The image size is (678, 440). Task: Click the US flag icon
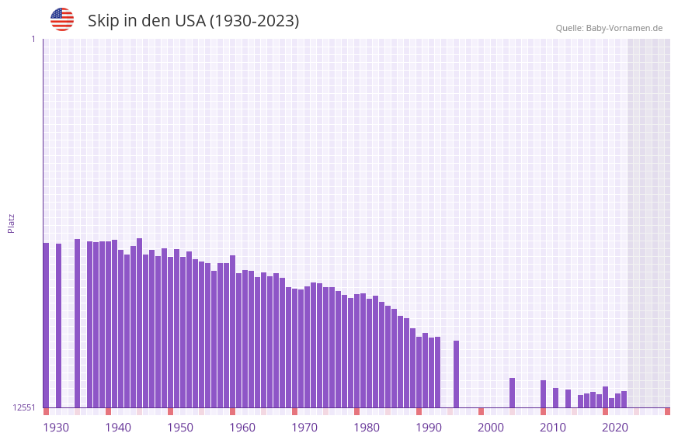pyautogui.click(x=62, y=19)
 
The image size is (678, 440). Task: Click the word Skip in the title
pyautogui.click(x=102, y=21)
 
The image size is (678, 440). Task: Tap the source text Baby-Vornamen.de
pyautogui.click(x=624, y=28)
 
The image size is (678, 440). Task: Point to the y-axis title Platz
pyautogui.click(x=11, y=223)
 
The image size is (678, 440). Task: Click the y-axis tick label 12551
pyautogui.click(x=24, y=407)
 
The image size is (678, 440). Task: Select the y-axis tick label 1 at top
pyautogui.click(x=33, y=39)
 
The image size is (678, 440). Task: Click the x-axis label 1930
pyautogui.click(x=56, y=427)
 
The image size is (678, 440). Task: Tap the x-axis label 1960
pyautogui.click(x=242, y=427)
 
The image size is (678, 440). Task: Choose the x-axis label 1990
pyautogui.click(x=429, y=427)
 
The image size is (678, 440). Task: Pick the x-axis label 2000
pyautogui.click(x=491, y=427)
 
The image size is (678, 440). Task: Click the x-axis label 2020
pyautogui.click(x=615, y=427)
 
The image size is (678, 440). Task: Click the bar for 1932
pyautogui.click(x=58, y=325)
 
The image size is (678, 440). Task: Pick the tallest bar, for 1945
pyautogui.click(x=139, y=322)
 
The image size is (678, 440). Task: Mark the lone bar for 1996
pyautogui.click(x=456, y=373)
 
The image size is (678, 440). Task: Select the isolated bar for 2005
pyautogui.click(x=512, y=392)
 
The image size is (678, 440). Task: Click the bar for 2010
pyautogui.click(x=543, y=393)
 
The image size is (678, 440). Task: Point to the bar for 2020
pyautogui.click(x=605, y=397)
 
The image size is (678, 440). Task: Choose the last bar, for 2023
pyautogui.click(x=624, y=399)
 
